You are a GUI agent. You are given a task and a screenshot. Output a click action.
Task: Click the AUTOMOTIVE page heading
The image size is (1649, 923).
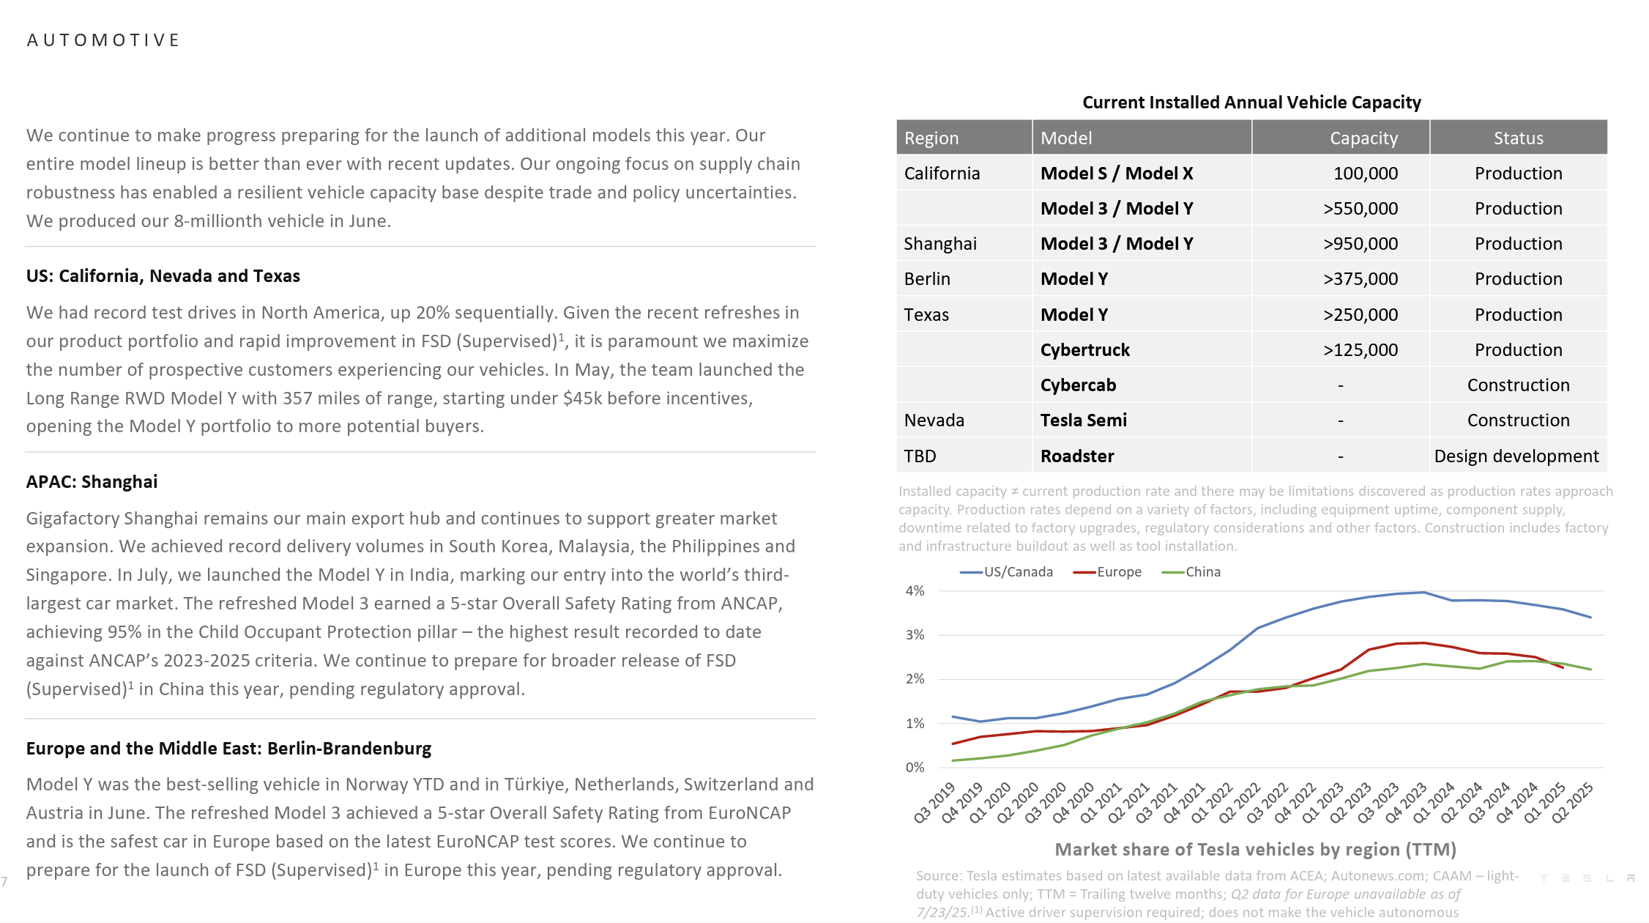(x=103, y=40)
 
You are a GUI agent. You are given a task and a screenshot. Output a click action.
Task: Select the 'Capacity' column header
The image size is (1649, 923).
(x=1363, y=138)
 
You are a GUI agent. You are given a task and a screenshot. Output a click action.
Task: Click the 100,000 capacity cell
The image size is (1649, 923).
(x=1365, y=174)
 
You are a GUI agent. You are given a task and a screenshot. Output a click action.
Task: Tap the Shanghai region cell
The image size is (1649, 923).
(x=940, y=244)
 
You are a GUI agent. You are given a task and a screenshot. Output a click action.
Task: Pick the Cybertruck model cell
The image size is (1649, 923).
(x=1084, y=350)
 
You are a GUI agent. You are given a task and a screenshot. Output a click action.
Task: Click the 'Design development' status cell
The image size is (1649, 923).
(x=1516, y=456)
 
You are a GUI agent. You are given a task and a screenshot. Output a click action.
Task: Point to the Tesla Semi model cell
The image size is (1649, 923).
(x=1083, y=420)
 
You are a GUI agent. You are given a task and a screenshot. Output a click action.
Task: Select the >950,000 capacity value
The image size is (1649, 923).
(x=1360, y=244)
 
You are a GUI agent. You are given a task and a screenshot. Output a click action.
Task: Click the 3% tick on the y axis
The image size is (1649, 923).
(x=915, y=635)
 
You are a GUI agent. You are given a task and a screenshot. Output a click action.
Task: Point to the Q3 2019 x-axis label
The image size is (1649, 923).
(x=935, y=803)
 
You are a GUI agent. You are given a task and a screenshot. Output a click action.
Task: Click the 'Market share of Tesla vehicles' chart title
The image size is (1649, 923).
(x=1255, y=850)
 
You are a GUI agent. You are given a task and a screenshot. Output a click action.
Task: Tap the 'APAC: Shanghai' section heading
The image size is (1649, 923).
(x=92, y=482)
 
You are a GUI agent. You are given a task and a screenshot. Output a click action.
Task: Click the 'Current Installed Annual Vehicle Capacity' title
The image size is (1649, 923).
(x=1251, y=103)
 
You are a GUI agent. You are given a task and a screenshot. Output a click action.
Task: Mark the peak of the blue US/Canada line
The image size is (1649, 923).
(x=1423, y=593)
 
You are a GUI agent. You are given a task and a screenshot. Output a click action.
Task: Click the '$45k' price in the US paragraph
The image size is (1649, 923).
(x=583, y=399)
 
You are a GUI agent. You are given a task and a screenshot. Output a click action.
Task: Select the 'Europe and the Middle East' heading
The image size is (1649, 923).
(x=228, y=749)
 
